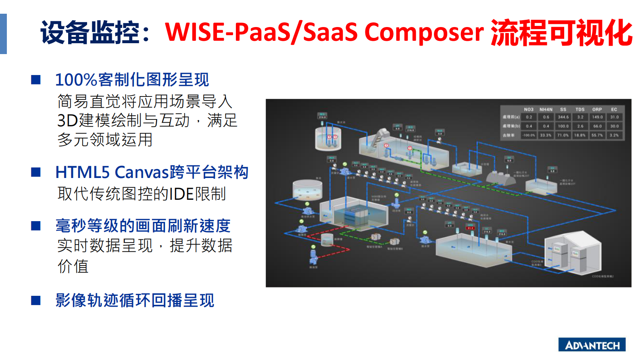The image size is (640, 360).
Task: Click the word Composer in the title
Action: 423,32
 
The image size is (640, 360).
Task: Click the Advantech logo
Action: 592,345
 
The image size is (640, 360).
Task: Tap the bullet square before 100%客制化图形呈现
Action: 36,80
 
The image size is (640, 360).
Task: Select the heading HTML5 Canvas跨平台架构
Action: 152,172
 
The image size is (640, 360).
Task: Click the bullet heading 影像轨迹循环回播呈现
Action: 135,300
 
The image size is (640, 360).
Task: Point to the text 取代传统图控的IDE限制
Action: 142,194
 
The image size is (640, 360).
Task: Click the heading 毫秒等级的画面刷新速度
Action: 143,226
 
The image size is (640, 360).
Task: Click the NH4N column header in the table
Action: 546,109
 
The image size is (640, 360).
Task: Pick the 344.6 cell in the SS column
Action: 563,117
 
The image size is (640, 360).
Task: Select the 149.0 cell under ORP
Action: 597,117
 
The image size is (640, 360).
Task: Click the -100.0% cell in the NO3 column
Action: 528,135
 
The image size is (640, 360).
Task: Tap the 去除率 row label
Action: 509,135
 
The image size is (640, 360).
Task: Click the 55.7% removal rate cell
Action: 597,135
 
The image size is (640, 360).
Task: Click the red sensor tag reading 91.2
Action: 470,228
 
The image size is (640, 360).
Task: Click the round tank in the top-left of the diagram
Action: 328,138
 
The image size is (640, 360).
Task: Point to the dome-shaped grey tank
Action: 501,178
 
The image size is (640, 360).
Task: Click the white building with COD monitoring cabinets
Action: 573,252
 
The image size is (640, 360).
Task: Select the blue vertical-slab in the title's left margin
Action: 3,34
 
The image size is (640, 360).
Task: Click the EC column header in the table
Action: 614,109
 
